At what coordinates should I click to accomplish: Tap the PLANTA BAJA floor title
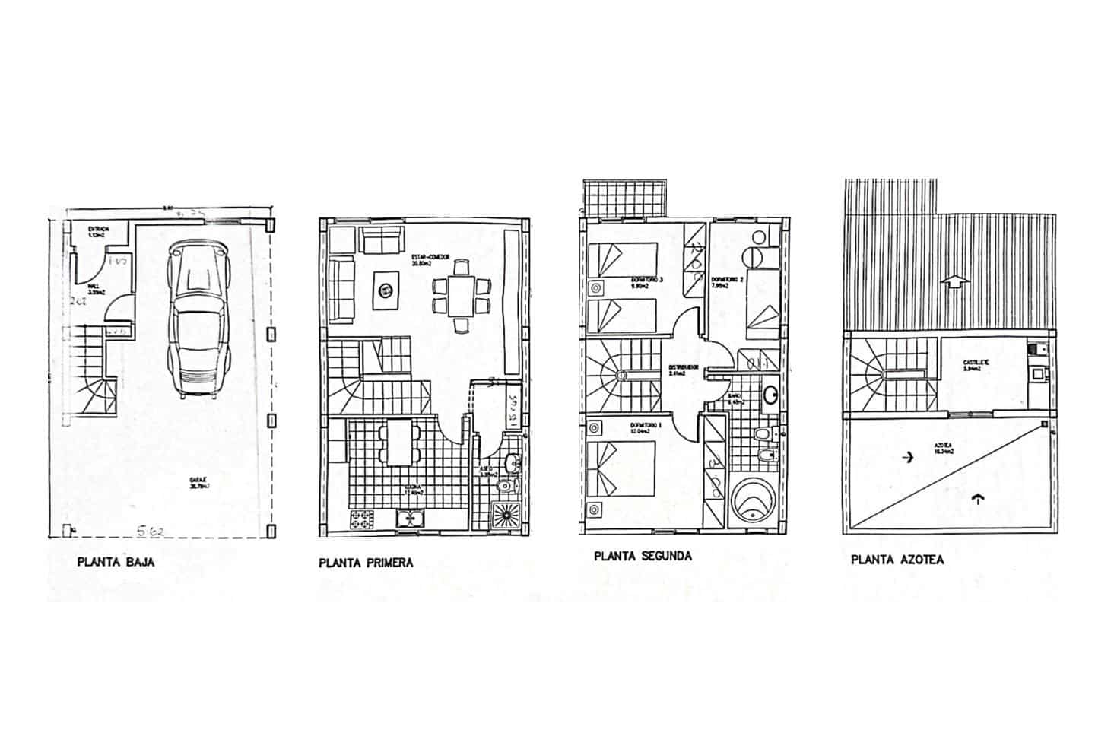[116, 563]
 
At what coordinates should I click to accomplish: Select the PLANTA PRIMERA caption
[367, 563]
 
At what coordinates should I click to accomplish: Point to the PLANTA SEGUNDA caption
[643, 556]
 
